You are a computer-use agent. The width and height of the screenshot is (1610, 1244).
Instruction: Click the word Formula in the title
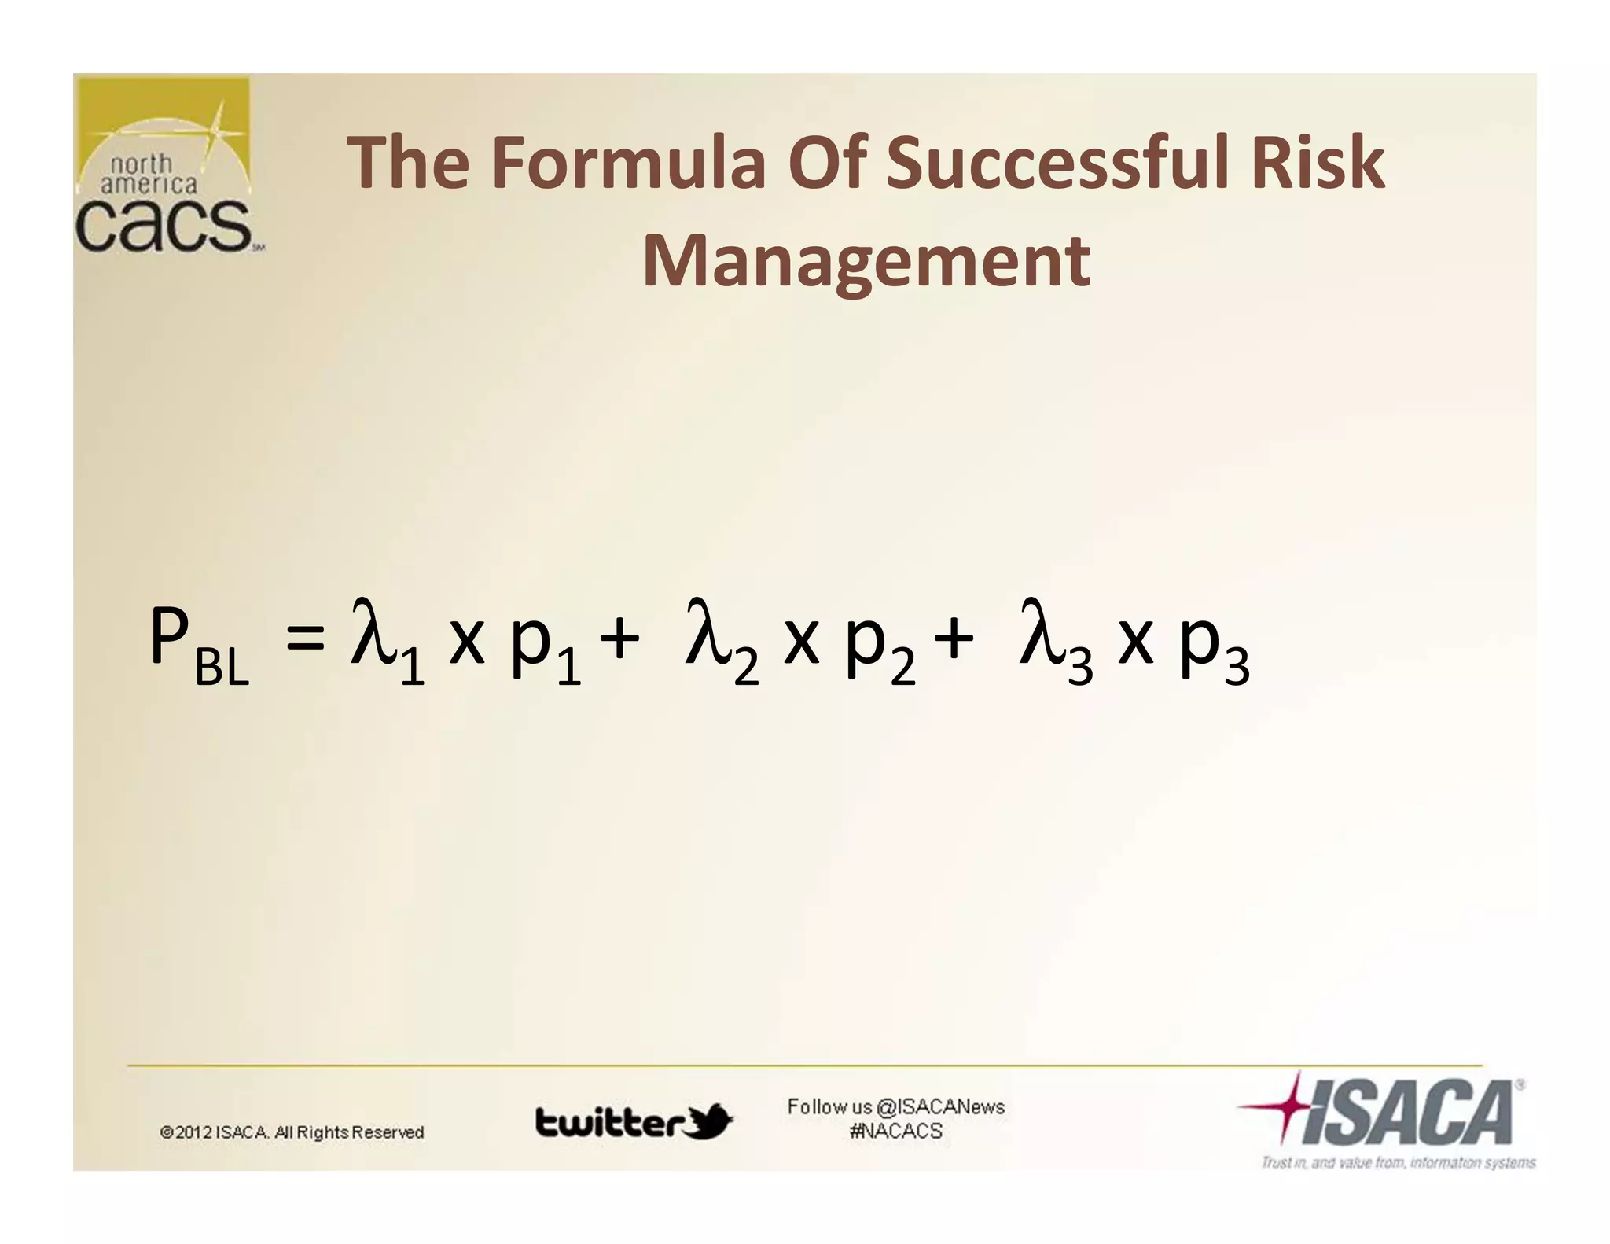628,163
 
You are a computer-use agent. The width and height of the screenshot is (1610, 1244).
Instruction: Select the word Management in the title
866,261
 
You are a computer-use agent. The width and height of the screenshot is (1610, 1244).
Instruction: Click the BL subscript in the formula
222,668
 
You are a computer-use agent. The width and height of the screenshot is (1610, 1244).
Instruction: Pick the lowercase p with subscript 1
531,641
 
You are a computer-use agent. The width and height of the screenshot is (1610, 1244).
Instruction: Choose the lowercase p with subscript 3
1200,641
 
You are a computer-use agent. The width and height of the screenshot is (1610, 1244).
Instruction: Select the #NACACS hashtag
895,1131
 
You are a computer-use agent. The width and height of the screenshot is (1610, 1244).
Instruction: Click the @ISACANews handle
940,1106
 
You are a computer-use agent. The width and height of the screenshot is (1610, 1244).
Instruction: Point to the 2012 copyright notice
292,1132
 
